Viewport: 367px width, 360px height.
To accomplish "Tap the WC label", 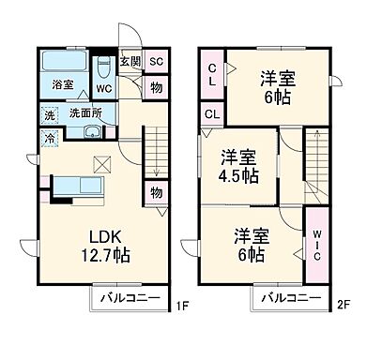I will [103, 90].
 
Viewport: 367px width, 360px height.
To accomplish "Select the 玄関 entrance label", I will [130, 62].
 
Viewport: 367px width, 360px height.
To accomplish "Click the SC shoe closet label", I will [156, 62].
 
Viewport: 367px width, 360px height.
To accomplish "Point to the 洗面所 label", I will [84, 115].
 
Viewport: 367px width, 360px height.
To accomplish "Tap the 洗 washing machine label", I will [48, 116].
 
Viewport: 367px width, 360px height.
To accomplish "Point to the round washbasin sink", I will [92, 133].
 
